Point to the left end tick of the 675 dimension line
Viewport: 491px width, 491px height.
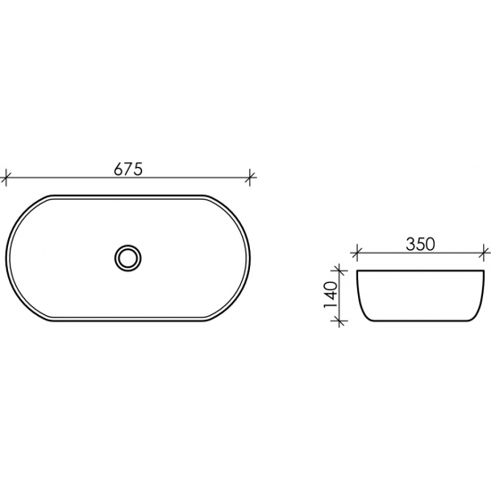tap(7, 177)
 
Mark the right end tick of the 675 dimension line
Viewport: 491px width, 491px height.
tap(251, 177)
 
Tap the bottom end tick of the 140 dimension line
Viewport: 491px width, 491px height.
tap(339, 324)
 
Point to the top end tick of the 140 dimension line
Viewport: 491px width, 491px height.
tap(339, 270)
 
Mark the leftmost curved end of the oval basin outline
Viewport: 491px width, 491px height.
tap(9, 258)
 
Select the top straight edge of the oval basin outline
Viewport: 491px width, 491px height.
tap(129, 194)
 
